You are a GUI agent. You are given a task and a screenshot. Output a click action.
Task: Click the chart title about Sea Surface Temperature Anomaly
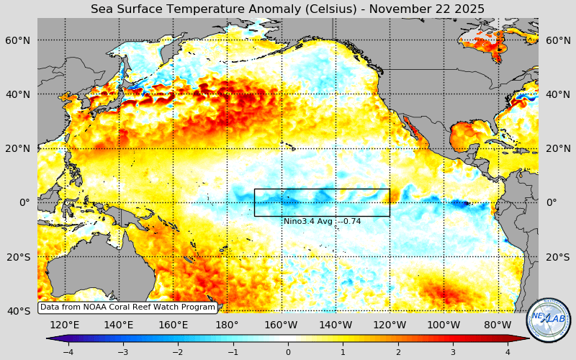[x=287, y=9]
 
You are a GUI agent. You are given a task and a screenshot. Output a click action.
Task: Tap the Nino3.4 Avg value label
[x=322, y=221]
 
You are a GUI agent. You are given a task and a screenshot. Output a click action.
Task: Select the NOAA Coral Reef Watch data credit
[x=127, y=307]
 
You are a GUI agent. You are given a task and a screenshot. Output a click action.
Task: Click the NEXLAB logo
[x=548, y=320]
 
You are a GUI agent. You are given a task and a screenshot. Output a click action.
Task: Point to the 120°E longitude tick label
[x=65, y=325]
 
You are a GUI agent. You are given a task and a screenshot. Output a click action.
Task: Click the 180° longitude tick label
[x=227, y=325]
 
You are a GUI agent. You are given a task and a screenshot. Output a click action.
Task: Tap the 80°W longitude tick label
[x=498, y=325]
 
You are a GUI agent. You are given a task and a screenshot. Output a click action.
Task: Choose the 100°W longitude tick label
[x=444, y=325]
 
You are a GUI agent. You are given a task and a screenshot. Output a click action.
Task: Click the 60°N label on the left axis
[x=19, y=40]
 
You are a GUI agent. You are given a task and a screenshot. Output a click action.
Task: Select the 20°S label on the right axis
[x=557, y=257]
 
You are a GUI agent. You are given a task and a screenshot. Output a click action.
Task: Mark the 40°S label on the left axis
[x=19, y=311]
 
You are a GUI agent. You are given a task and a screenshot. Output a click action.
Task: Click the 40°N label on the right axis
[x=557, y=94]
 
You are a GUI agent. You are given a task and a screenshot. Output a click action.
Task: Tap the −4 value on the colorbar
[x=68, y=352]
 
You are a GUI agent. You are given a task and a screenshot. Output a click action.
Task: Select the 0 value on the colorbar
[x=288, y=352]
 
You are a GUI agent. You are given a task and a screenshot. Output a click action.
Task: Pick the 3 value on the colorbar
[x=453, y=352]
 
